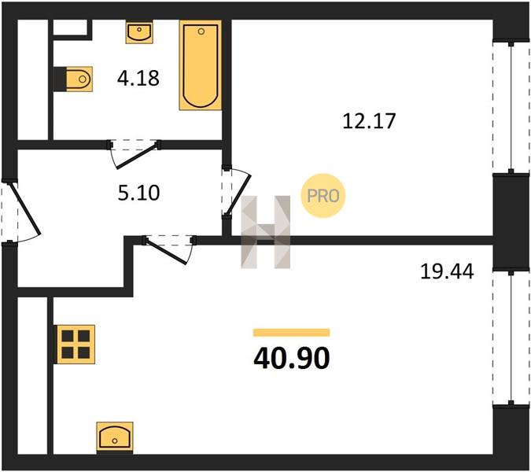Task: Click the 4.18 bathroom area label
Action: click(138, 78)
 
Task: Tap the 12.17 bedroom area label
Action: click(369, 121)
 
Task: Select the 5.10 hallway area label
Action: click(138, 193)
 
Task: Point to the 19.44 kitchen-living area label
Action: click(447, 271)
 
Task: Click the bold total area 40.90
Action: click(291, 359)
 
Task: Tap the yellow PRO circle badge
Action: click(323, 195)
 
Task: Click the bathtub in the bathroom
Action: click(201, 65)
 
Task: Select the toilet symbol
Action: click(73, 79)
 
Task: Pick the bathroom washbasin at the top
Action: click(139, 31)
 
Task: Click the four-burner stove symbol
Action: click(76, 345)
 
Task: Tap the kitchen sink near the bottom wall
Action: click(115, 437)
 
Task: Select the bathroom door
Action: click(134, 153)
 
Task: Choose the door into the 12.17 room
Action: click(236, 192)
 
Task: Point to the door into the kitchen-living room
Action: click(169, 249)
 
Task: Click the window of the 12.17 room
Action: click(511, 107)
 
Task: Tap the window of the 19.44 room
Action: click(511, 337)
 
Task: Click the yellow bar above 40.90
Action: click(292, 333)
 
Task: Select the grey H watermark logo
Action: click(266, 232)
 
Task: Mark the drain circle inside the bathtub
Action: click(201, 31)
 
